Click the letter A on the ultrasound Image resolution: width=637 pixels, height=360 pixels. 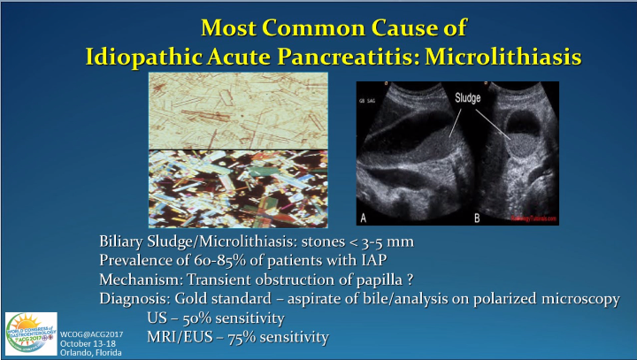tap(363, 215)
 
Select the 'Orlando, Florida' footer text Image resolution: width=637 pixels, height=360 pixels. tap(92, 351)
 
